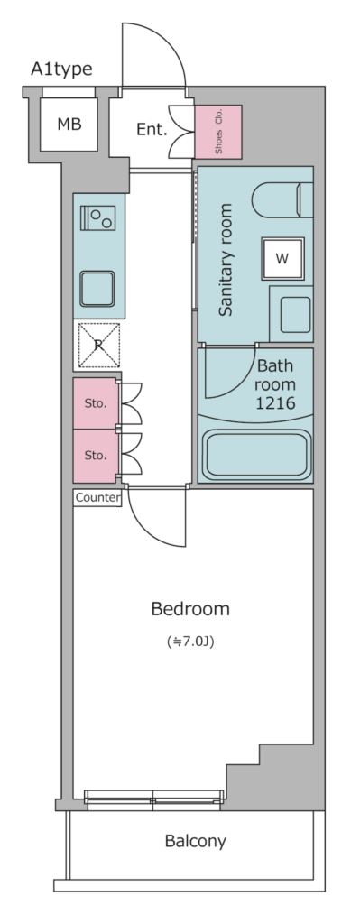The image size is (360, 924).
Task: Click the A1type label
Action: pos(61,69)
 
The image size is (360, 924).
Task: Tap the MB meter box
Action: pos(69,125)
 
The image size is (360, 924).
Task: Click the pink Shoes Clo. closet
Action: pos(218,132)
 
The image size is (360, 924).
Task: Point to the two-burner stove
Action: pos(98,218)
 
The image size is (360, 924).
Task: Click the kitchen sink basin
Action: pos(97,289)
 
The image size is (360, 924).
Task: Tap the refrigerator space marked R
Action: pos(99,346)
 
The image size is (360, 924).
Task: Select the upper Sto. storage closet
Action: pos(96,403)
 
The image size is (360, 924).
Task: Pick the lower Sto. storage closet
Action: pos(96,456)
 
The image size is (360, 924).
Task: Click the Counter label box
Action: pos(97,497)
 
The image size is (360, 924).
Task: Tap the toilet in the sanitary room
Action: pos(282,200)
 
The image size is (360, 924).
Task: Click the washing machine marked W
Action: pos(282,259)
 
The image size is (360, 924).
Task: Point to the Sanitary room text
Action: pos(225,260)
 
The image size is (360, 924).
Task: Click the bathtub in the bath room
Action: pos(256,455)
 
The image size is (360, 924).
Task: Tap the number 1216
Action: pos(275,403)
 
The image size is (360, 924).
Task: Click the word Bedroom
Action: pos(190,609)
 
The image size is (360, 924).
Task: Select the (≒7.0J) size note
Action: pos(190,642)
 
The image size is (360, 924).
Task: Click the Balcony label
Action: pos(195,841)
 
